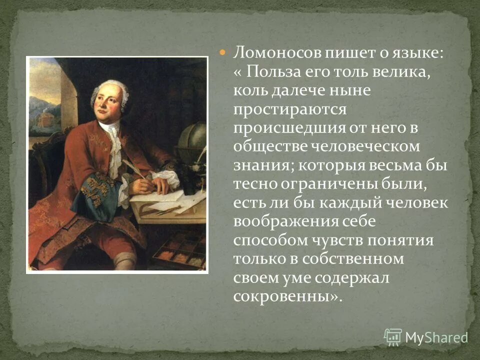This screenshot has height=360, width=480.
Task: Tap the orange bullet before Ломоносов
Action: coord(224,52)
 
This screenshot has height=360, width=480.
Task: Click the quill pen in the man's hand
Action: coord(134,167)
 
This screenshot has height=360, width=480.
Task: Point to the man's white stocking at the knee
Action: coord(124,260)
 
